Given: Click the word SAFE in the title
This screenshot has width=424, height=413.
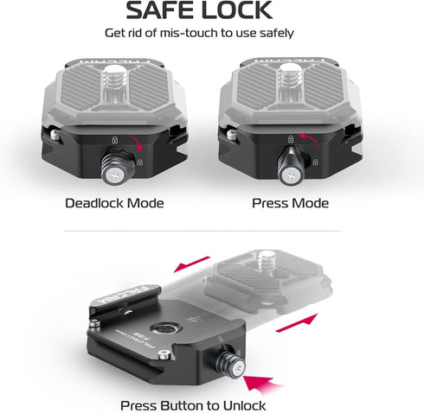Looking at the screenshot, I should pyautogui.click(x=162, y=11).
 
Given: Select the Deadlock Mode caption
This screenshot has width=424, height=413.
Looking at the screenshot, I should pyautogui.click(x=114, y=204).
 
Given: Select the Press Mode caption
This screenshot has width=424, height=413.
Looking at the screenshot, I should pyautogui.click(x=290, y=204).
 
